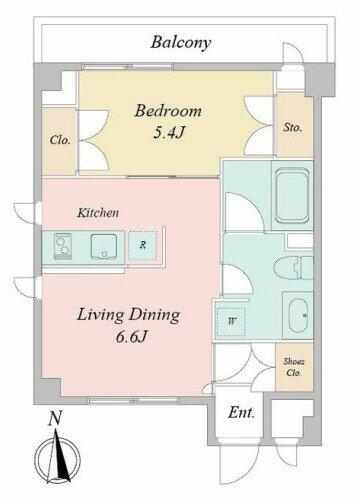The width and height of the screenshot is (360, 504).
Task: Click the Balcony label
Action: pos(181,43)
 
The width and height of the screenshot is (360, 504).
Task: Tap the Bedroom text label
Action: pos(168,111)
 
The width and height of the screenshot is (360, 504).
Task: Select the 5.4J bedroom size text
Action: pos(168,133)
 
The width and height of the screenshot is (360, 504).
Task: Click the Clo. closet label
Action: pos(60,140)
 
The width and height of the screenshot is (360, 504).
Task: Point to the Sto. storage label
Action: pos(293,127)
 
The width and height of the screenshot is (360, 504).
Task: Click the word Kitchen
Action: pos(98,213)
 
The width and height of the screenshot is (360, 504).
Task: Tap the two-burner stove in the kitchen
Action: pos(63,246)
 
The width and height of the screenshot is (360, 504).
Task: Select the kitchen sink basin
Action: pos(104,246)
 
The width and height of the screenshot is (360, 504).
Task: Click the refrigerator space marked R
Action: pos(143,245)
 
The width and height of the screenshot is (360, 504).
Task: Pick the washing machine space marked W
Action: pos(231,321)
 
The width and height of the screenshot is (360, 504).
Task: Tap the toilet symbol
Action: pos(293,268)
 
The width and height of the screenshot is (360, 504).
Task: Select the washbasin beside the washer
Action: pos(298,315)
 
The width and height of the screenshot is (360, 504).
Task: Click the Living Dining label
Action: pos(128,316)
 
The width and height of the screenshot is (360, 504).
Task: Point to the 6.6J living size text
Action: pos(131,337)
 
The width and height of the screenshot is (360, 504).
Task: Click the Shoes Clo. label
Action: pos(294,367)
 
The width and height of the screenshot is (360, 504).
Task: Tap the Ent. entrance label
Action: pos(241,413)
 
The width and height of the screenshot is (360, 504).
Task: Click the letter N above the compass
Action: pos(55,419)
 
